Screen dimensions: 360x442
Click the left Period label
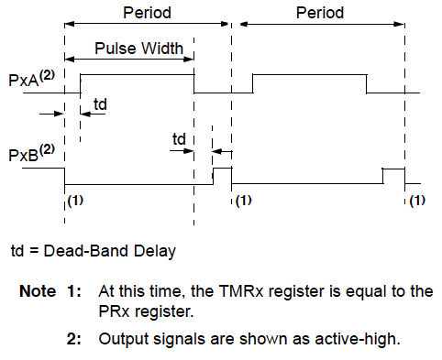pos(146,14)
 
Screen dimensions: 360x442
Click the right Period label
pos(320,14)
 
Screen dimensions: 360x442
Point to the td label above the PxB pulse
pos(181,138)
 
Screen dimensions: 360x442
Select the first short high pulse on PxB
pos(222,169)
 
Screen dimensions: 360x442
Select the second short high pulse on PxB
pos(393,170)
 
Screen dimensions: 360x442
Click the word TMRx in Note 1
pos(228,292)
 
